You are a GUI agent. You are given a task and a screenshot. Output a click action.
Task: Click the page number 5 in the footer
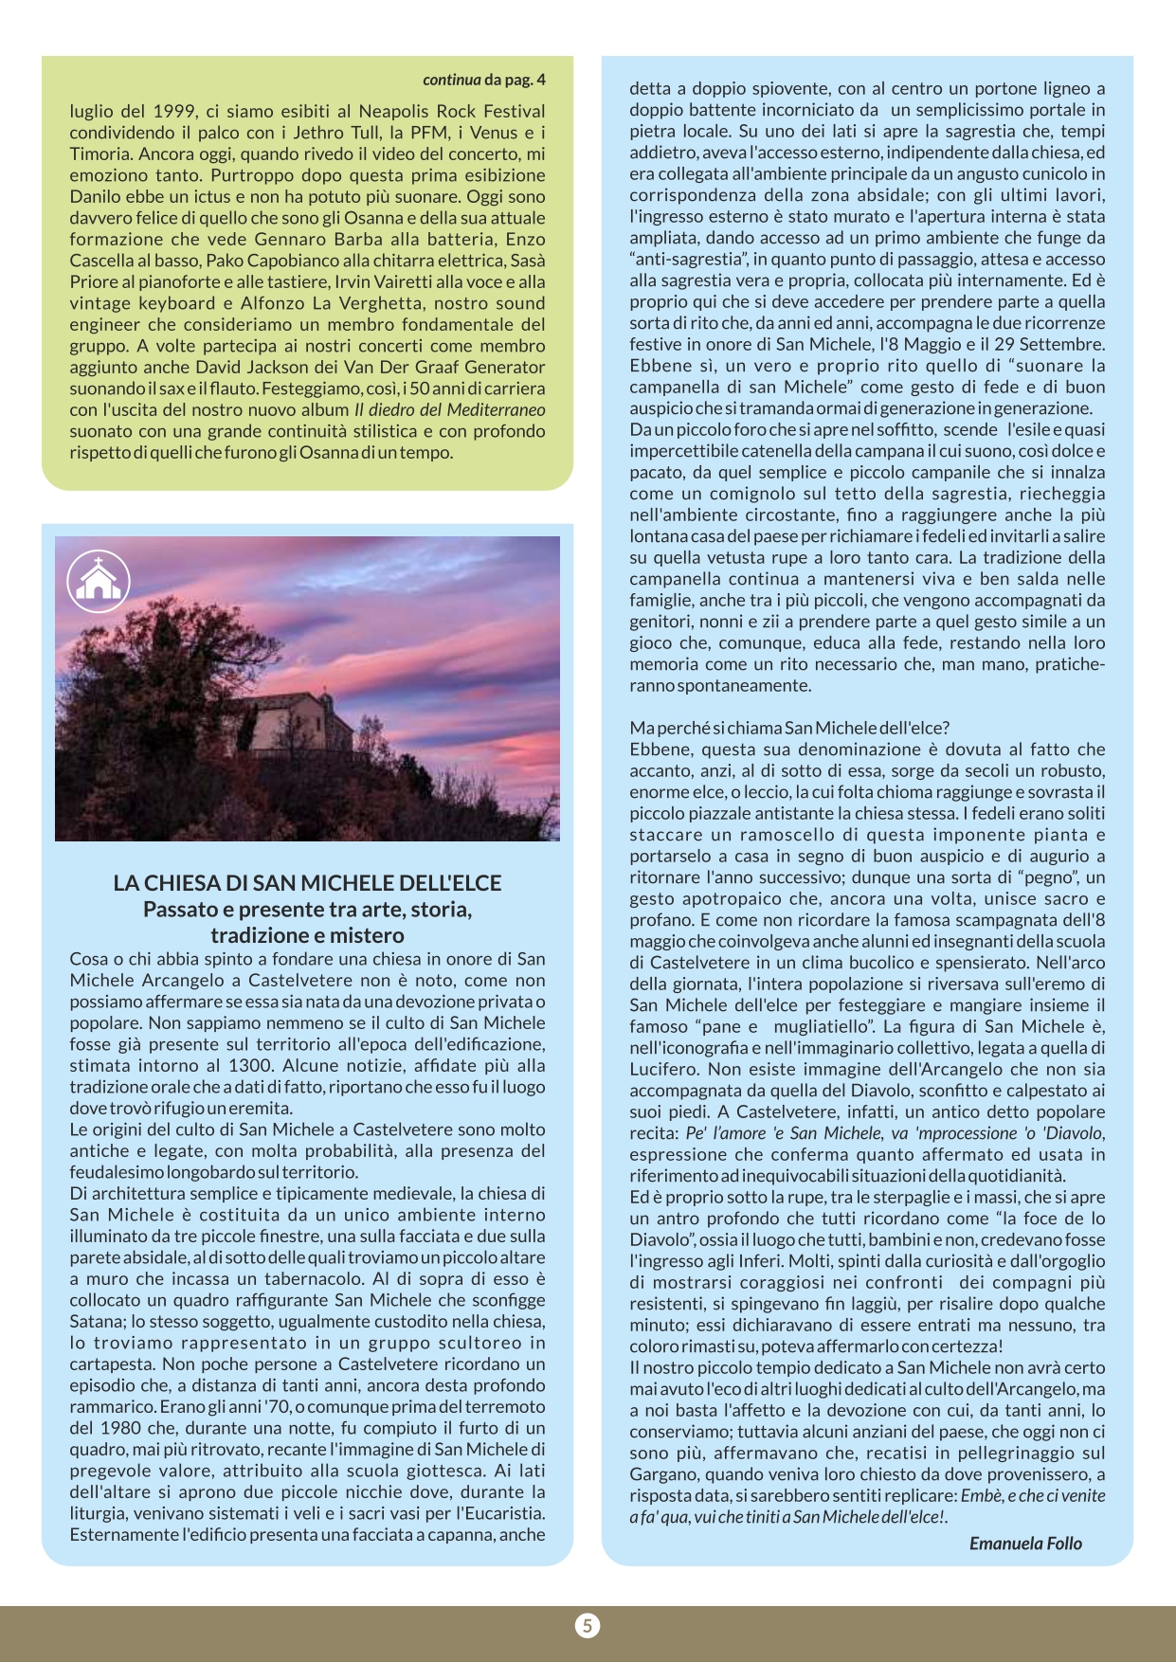pos(588,1626)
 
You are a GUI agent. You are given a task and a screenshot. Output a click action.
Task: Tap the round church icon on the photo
pos(99,581)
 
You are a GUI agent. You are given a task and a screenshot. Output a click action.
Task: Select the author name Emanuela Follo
pos(1025,1544)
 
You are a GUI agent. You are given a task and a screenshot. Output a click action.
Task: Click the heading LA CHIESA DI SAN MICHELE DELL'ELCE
pos(307,883)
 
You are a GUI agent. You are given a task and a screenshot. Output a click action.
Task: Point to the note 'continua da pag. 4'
pos(483,80)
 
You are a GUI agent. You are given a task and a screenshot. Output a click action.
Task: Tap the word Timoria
pos(99,154)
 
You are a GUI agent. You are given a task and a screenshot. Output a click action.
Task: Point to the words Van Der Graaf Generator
pos(451,367)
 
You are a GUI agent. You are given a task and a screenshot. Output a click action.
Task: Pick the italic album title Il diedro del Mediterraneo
pos(450,409)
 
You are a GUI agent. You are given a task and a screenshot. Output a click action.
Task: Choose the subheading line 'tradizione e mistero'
pos(307,935)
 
